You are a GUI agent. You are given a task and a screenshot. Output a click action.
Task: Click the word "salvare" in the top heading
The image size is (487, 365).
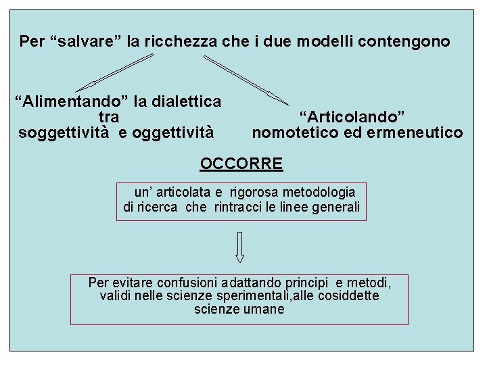click(89, 42)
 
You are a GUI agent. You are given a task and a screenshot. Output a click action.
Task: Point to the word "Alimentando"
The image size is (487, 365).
click(74, 102)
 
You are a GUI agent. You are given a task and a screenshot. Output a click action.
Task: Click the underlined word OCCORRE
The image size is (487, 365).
click(241, 164)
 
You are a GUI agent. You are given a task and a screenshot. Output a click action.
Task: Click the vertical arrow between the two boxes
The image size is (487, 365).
click(239, 247)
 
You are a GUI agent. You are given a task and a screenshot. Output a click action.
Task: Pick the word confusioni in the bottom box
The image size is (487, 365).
click(189, 282)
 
